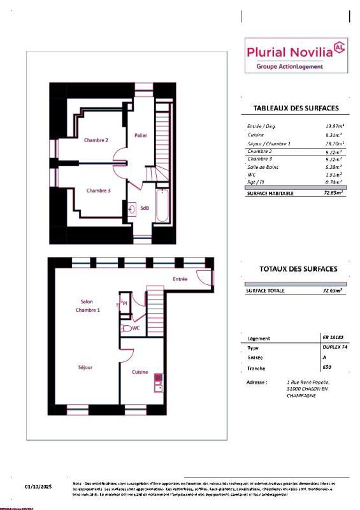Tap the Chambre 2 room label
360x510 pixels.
point(97,140)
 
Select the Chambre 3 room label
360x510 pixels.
point(99,190)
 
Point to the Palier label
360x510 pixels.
point(141,135)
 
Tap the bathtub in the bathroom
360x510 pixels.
point(162,205)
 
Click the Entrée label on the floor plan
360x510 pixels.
point(180,279)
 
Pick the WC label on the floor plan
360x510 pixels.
point(136,328)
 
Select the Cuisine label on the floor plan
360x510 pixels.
point(140,372)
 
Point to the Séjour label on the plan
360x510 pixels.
point(85,368)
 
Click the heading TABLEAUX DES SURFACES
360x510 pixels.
point(295,108)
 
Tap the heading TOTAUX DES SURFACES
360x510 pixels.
point(298,269)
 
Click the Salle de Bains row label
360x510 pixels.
point(263,166)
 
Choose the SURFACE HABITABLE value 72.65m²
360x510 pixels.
point(333,192)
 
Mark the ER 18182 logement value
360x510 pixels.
point(333,338)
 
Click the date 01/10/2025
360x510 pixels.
point(38,487)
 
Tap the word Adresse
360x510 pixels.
point(257,382)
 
